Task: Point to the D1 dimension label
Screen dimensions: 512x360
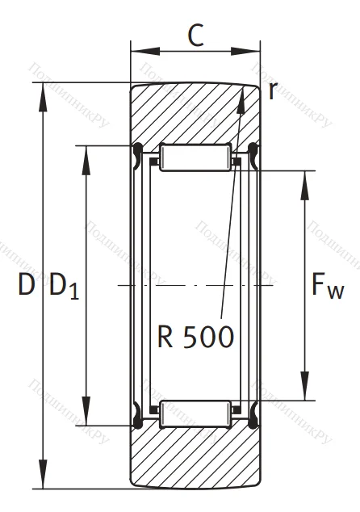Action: point(65,287)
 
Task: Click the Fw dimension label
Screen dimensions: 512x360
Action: point(326,287)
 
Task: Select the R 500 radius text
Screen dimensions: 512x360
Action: point(196,334)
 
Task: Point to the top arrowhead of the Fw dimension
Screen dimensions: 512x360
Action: point(305,178)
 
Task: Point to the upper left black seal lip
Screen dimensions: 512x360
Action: point(136,149)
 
